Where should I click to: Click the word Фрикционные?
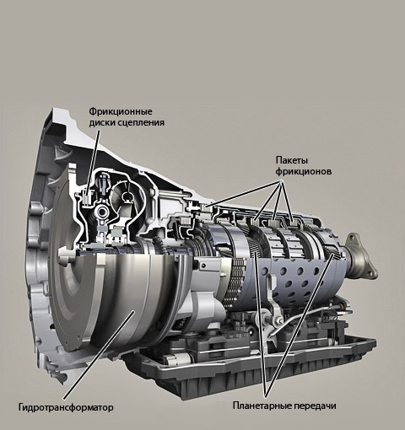point(121,111)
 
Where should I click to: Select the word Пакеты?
point(292,160)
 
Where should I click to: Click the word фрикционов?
point(304,171)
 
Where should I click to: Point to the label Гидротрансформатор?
point(66,407)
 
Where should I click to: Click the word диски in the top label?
point(101,123)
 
